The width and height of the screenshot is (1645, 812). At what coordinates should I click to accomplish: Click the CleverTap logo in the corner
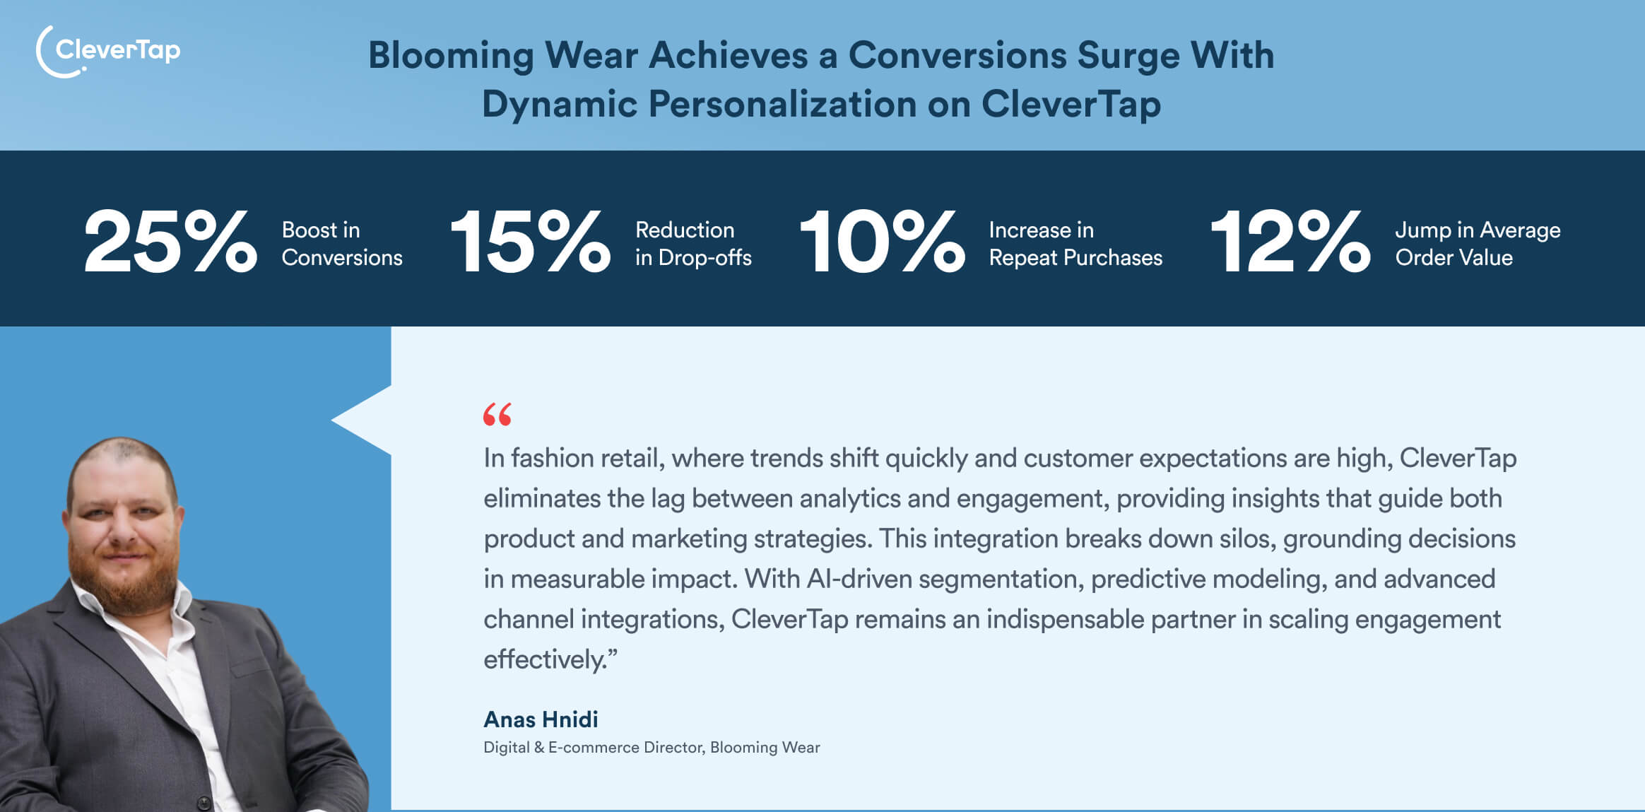click(108, 51)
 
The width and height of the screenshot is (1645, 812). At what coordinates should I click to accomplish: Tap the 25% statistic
click(170, 242)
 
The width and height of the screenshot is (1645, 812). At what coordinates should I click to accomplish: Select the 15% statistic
click(530, 242)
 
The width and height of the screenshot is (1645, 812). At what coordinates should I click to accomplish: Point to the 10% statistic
click(882, 242)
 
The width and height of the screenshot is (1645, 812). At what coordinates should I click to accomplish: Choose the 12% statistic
click(1290, 242)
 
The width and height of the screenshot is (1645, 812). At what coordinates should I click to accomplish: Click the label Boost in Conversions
click(342, 244)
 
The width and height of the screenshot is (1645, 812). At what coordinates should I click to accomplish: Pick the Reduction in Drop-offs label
click(693, 244)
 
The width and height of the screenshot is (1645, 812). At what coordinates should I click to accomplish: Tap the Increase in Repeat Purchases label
click(1075, 244)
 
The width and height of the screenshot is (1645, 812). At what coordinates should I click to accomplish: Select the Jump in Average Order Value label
click(1478, 244)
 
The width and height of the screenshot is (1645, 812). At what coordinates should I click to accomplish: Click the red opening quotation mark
click(497, 415)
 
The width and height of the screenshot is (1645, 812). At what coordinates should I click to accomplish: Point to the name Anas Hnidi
click(541, 719)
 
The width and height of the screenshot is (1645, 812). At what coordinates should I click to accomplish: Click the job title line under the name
click(651, 748)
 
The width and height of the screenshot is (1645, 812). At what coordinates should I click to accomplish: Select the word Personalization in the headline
click(782, 104)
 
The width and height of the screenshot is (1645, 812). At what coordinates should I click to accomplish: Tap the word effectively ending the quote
click(544, 660)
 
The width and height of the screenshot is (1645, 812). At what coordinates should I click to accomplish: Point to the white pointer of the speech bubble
click(360, 420)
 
